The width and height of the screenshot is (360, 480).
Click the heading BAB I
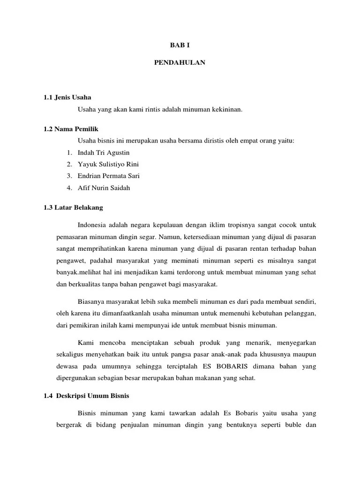point(180,45)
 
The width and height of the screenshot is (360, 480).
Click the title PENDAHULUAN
point(180,62)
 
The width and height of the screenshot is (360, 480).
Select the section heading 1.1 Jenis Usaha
point(67,97)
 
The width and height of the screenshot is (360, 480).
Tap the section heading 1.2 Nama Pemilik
point(71,129)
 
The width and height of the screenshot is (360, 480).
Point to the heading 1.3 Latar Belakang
point(73,207)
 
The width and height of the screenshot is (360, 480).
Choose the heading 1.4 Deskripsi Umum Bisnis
point(86,396)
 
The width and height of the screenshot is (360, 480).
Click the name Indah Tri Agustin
point(104,153)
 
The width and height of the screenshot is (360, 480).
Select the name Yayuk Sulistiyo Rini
point(108,165)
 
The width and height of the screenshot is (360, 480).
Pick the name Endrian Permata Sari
point(109,176)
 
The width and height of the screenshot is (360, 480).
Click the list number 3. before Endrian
point(69,176)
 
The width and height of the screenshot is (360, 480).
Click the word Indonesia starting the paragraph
point(93,225)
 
